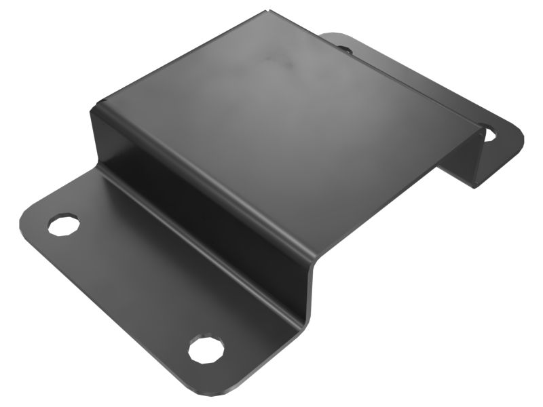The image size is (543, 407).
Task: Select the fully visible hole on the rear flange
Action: pyautogui.click(x=489, y=134)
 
